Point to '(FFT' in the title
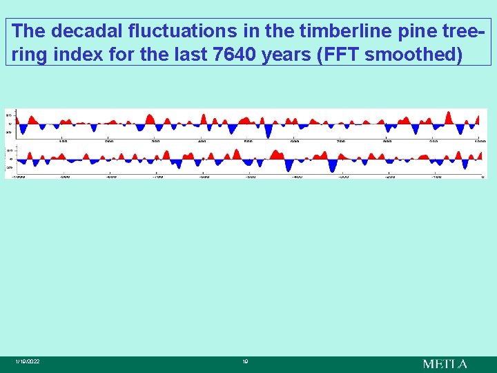[x=336, y=55]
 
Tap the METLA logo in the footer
[x=445, y=363]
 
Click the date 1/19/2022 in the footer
[x=28, y=362]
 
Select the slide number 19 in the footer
[x=245, y=362]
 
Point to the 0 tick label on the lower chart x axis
[x=483, y=177]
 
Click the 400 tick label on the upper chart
[x=202, y=141]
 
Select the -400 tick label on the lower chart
[x=297, y=177]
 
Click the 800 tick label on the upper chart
[x=387, y=141]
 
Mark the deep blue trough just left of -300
[x=333, y=167]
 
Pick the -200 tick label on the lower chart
[x=390, y=177]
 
